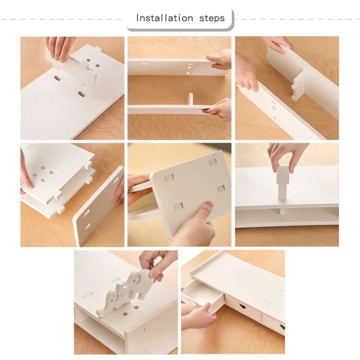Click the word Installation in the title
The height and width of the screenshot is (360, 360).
[x=164, y=18]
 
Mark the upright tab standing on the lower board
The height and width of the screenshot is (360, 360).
[x=190, y=100]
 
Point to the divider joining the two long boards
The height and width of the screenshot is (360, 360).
[x=299, y=85]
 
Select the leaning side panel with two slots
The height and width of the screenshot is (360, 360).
[x=97, y=207]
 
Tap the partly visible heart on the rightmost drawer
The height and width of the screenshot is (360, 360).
[x=282, y=327]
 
